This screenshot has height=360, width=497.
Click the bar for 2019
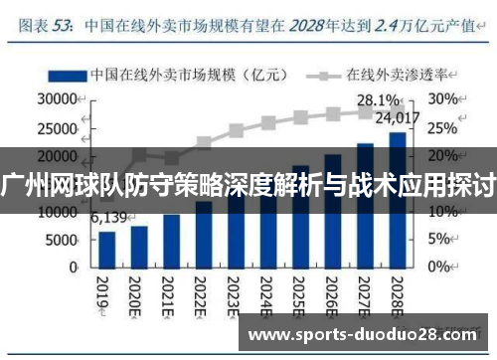click(106, 249)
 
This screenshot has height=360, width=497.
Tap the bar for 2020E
click(139, 247)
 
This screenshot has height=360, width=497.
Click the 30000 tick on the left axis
click(56, 99)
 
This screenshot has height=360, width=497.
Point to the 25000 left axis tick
click(56, 127)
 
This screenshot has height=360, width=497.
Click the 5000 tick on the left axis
click(60, 240)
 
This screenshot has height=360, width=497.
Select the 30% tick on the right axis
click(443, 99)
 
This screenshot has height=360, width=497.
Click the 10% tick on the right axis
click(442, 212)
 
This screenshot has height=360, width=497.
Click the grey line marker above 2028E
click(397, 110)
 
